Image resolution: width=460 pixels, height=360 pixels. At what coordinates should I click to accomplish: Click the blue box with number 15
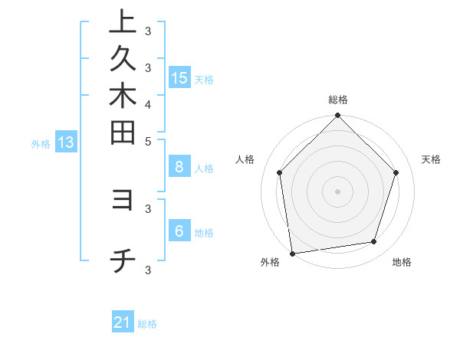(x=179, y=77)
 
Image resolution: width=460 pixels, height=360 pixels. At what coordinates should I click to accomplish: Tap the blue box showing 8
(x=179, y=167)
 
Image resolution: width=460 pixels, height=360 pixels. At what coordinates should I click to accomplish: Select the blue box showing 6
(x=179, y=231)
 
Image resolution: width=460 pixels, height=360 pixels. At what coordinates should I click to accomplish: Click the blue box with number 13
(x=66, y=142)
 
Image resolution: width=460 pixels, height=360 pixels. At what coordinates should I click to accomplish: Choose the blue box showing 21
(x=123, y=322)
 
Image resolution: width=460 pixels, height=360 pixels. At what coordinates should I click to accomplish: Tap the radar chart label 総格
(x=338, y=100)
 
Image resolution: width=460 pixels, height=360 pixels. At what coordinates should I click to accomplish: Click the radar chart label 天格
(x=431, y=159)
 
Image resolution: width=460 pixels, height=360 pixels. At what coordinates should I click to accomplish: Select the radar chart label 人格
(x=245, y=159)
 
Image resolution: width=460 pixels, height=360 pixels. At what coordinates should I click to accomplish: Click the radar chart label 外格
(x=270, y=263)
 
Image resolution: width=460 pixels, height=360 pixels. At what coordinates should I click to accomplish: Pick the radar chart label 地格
(x=402, y=263)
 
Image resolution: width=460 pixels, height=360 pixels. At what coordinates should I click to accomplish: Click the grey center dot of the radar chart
(x=338, y=191)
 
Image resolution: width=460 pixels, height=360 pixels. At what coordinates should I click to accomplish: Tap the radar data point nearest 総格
(x=338, y=116)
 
